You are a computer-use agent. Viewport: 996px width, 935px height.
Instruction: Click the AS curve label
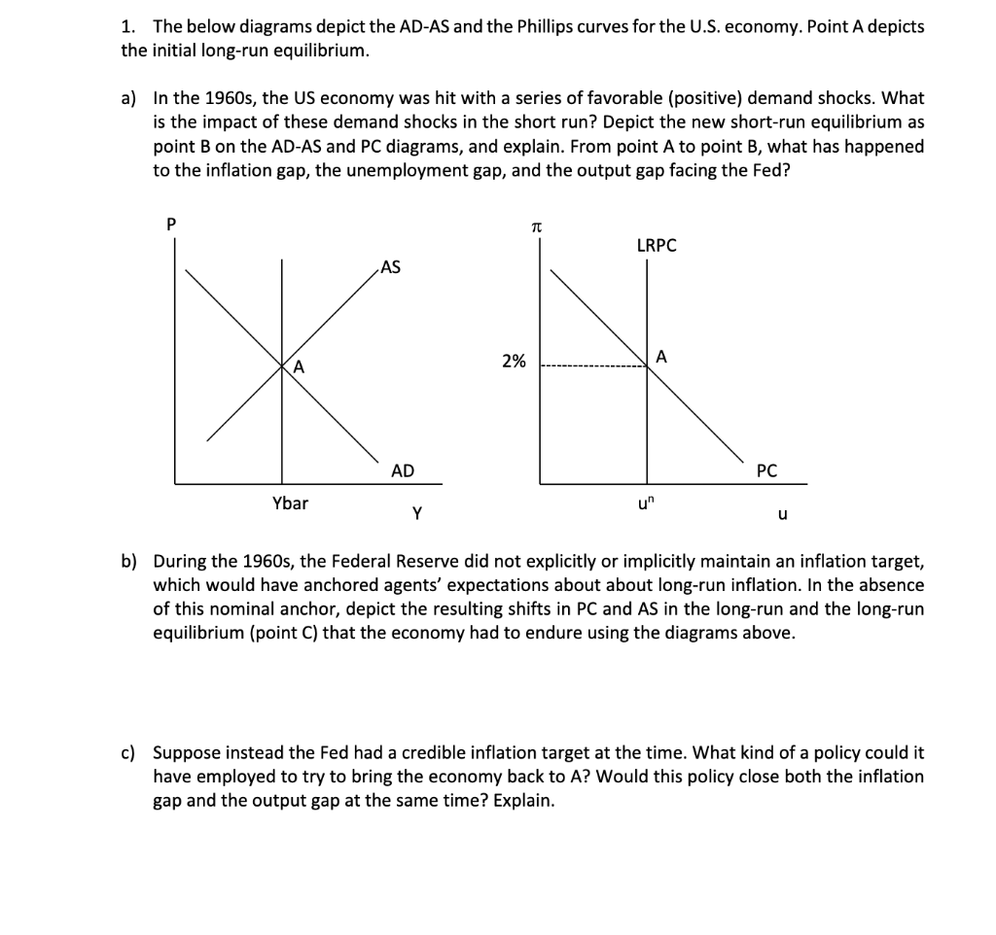[x=390, y=267]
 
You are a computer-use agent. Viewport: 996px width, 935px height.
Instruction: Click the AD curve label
[x=402, y=470]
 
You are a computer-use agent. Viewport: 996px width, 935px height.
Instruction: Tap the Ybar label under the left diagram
[x=290, y=502]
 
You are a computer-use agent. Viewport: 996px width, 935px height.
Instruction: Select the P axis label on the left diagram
[x=172, y=223]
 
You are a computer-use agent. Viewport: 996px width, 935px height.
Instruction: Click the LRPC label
[x=656, y=246]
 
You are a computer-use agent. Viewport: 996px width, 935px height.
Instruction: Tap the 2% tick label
[x=514, y=362]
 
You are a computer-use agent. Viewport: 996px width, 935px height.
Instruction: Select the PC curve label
[x=765, y=470]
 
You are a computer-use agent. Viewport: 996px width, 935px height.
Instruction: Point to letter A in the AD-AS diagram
[x=299, y=366]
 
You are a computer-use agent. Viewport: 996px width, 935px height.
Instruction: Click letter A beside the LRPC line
[x=661, y=356]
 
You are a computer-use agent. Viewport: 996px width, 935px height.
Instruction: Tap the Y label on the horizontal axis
[x=416, y=514]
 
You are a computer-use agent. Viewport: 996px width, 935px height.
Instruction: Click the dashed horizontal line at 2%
[x=593, y=367]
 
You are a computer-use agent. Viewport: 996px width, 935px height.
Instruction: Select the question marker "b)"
[x=129, y=561]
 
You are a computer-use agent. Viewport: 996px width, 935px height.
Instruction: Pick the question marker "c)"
[x=129, y=753]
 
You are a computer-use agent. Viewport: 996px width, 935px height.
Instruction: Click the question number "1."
[x=128, y=26]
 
